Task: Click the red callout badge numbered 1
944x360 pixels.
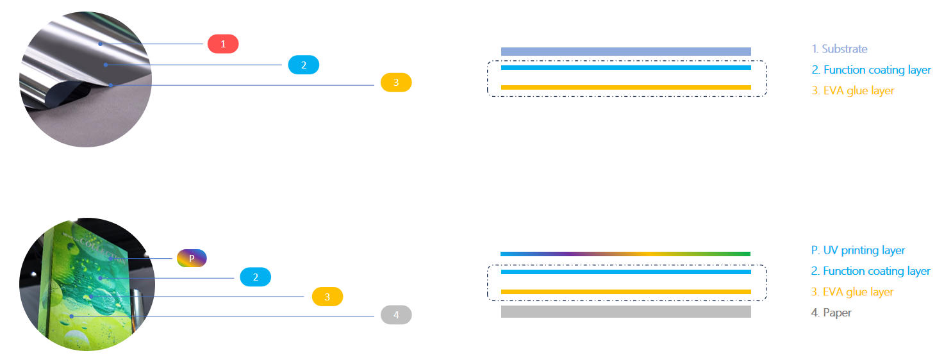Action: [223, 44]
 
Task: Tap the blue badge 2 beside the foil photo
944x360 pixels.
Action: [304, 65]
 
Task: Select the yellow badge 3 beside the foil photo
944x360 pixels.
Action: [396, 83]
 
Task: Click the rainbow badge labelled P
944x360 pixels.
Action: [192, 258]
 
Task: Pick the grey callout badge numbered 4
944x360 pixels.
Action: [396, 315]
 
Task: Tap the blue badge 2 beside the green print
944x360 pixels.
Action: [256, 277]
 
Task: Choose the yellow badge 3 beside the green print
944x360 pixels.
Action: [327, 297]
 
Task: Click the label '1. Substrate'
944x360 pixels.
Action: [839, 49]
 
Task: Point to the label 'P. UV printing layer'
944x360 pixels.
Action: [857, 250]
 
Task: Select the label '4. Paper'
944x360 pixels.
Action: [831, 313]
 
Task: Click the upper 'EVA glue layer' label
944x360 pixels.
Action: [852, 91]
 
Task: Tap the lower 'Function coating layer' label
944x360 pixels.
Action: [870, 271]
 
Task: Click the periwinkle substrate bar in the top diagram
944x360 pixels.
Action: [625, 51]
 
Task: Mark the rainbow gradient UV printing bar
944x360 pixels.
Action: [625, 254]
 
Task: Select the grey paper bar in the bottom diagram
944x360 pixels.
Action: [625, 311]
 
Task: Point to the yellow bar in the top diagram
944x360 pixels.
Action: [625, 87]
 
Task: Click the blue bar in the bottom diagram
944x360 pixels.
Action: [625, 272]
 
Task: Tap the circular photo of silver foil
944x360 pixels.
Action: [85, 79]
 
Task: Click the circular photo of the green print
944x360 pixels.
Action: [87, 285]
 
